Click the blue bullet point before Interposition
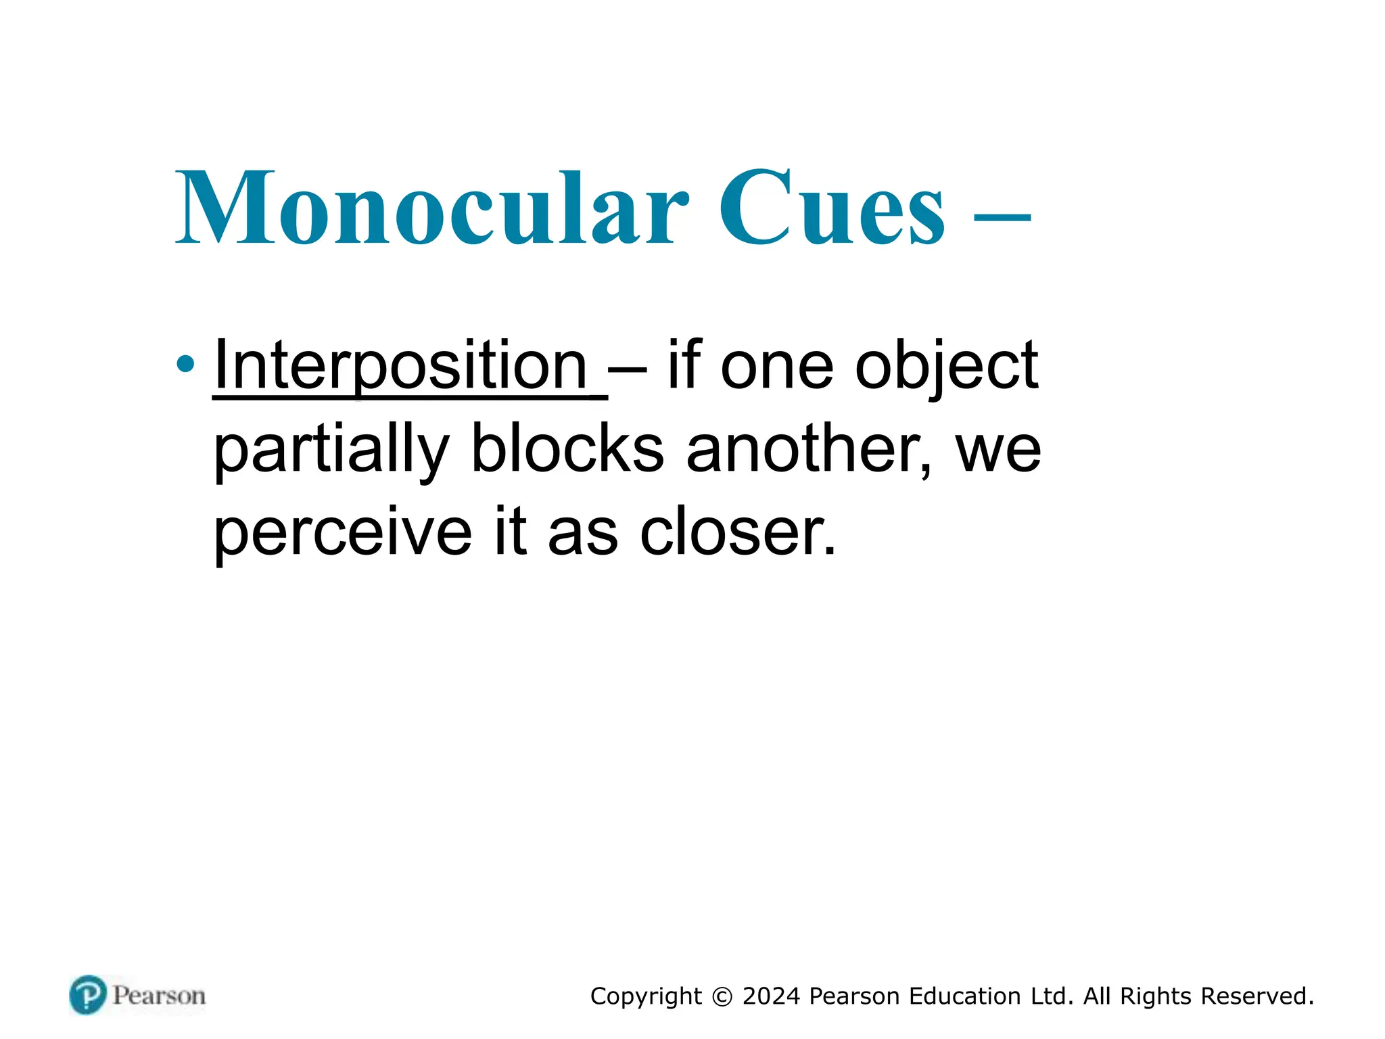pos(185,365)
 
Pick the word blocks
pos(567,449)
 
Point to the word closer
pos(737,532)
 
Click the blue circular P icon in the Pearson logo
pos(88,995)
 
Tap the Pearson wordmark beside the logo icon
pos(159,996)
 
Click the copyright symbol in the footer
pos(722,997)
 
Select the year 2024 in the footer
pos(771,996)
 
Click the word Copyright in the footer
pos(646,997)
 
